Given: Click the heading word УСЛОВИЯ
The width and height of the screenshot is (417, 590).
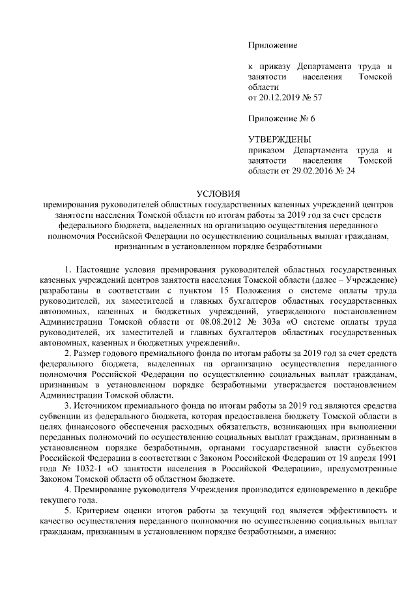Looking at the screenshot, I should click(x=218, y=193).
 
